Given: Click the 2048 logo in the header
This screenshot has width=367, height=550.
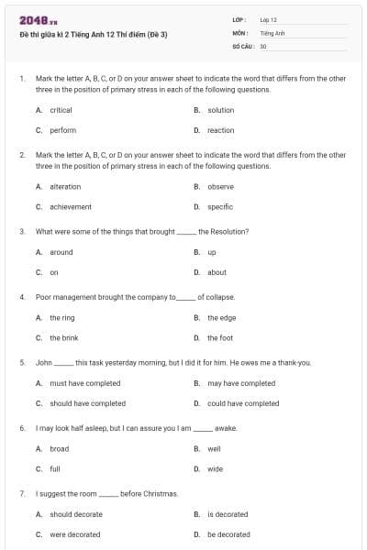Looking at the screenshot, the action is coord(38,20).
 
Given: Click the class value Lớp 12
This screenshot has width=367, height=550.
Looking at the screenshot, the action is coord(268,19).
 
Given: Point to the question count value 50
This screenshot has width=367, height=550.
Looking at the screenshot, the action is coord(263,45).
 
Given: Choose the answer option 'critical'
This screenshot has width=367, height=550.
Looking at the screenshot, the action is coord(61,110).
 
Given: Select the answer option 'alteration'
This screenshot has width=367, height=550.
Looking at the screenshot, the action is coord(65,187).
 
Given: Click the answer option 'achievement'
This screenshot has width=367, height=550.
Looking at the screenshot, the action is coord(71,207).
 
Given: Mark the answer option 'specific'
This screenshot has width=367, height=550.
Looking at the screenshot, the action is coord(220,207).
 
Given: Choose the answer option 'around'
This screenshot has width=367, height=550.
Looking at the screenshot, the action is coord(61,252).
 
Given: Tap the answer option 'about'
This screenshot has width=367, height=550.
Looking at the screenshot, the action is coord(217,272).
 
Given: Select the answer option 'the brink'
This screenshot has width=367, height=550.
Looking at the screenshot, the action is coord(63,338).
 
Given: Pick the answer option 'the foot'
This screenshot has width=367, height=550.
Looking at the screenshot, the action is coord(220,338).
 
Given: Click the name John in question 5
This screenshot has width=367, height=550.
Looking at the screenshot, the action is coord(43,363).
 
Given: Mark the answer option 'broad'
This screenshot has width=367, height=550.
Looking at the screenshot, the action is coord(59,449).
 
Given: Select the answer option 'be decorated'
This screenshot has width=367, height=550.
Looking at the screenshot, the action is coord(228,534).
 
